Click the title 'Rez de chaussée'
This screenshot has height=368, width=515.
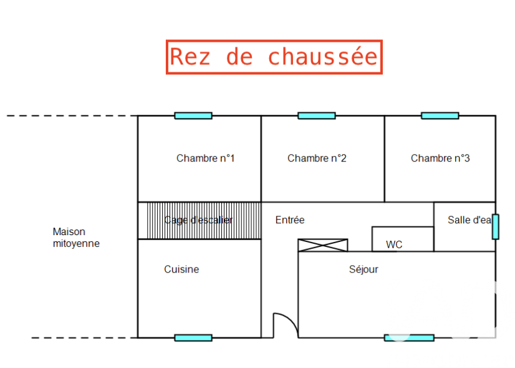274,57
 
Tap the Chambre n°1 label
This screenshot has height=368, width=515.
205,158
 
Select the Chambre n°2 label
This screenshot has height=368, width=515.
317,158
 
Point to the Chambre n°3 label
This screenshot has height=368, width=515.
440,158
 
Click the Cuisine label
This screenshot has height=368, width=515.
181,269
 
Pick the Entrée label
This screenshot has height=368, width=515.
290,220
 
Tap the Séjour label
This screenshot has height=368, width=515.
363,269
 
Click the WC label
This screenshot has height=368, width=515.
394,245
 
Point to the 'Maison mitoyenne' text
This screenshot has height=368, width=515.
76,238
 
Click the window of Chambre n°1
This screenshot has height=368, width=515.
193,115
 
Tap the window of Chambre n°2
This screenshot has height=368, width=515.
317,115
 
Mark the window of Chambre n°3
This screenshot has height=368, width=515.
440,115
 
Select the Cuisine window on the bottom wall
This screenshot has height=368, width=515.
193,337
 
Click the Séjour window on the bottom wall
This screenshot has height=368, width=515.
409,337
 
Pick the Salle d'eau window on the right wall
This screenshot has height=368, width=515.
496,226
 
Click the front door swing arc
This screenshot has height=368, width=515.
286,322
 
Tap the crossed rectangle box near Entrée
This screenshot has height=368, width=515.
323,245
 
